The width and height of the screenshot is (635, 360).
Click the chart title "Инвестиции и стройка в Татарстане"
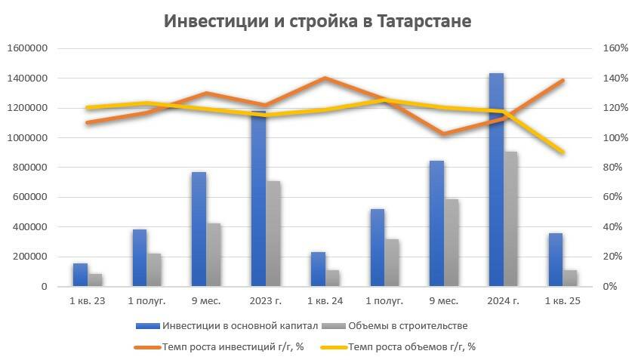pos(317,21)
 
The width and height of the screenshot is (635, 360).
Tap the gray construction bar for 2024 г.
pos(511,219)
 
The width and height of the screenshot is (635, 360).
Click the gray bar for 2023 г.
pos(273,233)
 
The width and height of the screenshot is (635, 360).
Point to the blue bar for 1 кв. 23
pos(80,275)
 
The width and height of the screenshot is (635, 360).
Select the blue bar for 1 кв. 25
pos(556,260)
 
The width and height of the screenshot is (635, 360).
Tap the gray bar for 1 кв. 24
pos(332,278)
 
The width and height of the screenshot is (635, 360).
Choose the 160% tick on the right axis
pos(615,48)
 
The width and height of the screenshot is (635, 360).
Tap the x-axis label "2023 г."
pos(265,301)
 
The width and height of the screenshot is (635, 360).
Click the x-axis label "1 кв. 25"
pos(563,301)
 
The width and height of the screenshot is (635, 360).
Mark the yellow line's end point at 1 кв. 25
pos(563,152)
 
